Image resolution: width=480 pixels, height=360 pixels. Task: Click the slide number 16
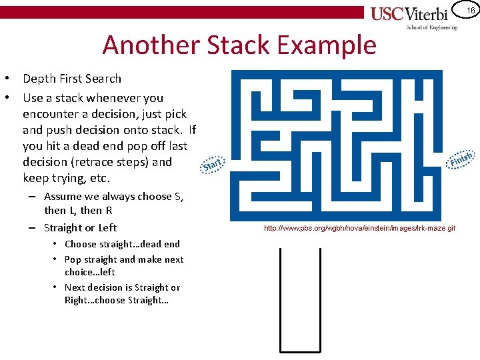point(471,10)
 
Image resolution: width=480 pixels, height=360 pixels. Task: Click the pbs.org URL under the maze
point(359,229)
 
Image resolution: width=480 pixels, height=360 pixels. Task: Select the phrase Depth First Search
point(72,79)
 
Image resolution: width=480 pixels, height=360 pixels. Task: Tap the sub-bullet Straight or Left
point(80,227)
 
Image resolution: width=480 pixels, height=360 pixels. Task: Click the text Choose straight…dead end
point(122,244)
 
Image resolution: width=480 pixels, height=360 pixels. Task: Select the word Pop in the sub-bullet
point(73,259)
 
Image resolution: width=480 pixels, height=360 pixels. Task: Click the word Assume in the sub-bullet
point(63,196)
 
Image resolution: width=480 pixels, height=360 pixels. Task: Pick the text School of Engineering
point(432,27)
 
